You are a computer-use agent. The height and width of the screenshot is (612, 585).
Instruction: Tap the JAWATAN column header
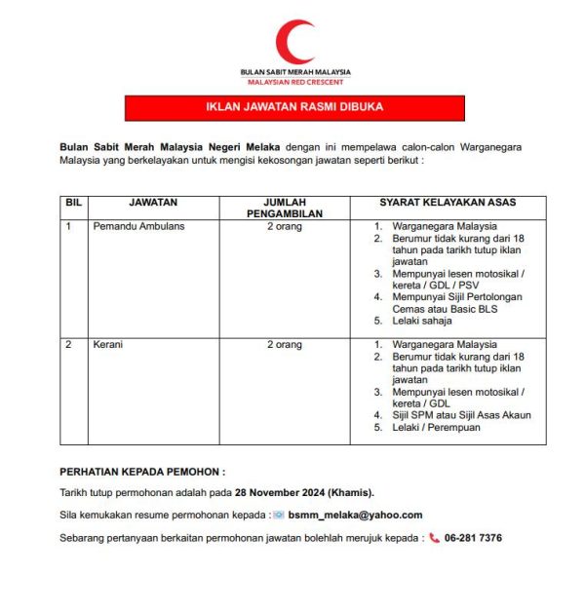pos(153,203)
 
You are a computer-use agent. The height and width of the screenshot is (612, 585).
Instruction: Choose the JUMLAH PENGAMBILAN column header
pos(285,209)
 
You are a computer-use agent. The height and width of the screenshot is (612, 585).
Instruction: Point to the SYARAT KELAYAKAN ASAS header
pos(448,203)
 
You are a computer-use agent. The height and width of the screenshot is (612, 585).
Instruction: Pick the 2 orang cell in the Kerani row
pos(285,345)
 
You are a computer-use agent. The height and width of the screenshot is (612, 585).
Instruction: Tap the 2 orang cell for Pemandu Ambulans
pos(285,226)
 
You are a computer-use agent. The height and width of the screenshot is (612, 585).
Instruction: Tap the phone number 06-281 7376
pos(473,538)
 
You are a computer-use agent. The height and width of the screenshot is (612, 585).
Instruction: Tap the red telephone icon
pos(434,538)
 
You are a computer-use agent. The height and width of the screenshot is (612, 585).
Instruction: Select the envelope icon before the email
pos(278,515)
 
